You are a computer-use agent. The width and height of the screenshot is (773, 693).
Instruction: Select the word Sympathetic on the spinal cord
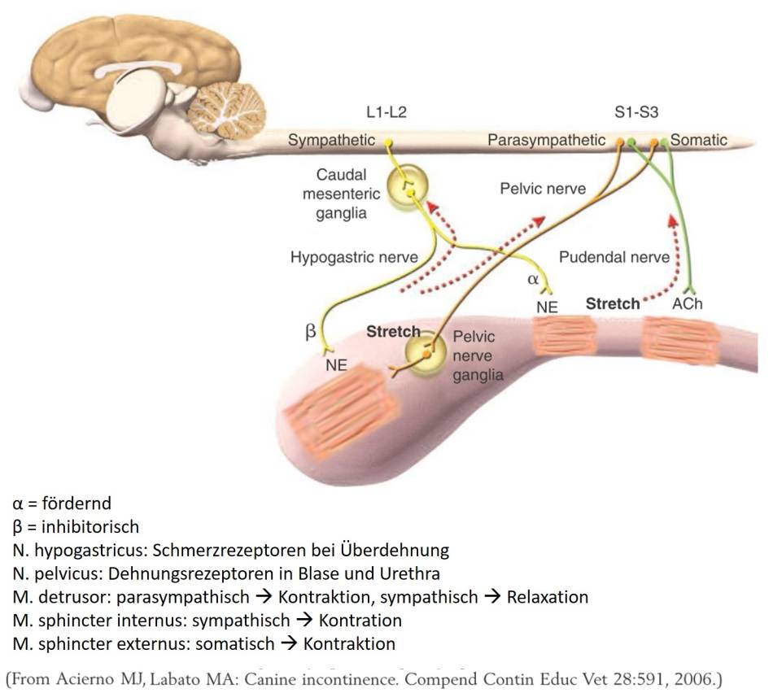331,141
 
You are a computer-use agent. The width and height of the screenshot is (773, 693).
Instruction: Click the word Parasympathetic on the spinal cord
546,141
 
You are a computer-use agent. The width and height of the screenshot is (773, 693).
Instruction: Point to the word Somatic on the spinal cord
699,141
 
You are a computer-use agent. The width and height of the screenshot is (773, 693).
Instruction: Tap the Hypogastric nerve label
354,258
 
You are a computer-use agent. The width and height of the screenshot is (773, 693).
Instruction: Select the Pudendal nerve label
614,258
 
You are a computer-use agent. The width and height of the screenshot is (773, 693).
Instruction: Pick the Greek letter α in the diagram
534,279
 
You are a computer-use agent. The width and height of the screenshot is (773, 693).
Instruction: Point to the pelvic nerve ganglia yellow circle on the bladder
425,355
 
